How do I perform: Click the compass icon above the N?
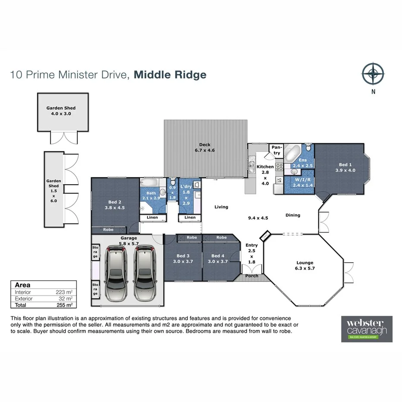tap(373, 74)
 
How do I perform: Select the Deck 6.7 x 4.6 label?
tap(204, 148)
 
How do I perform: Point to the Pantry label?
tap(276, 151)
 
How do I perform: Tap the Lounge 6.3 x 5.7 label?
tap(305, 265)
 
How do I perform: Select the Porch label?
tap(251, 276)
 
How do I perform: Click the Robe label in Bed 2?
tap(108, 229)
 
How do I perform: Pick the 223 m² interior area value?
tap(64, 292)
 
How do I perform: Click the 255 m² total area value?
tap(64, 305)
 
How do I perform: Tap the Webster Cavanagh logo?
tap(367, 329)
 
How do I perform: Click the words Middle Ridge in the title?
tap(170, 75)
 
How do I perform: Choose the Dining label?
tap(293, 215)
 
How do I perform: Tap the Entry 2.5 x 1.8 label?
tap(251, 253)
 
